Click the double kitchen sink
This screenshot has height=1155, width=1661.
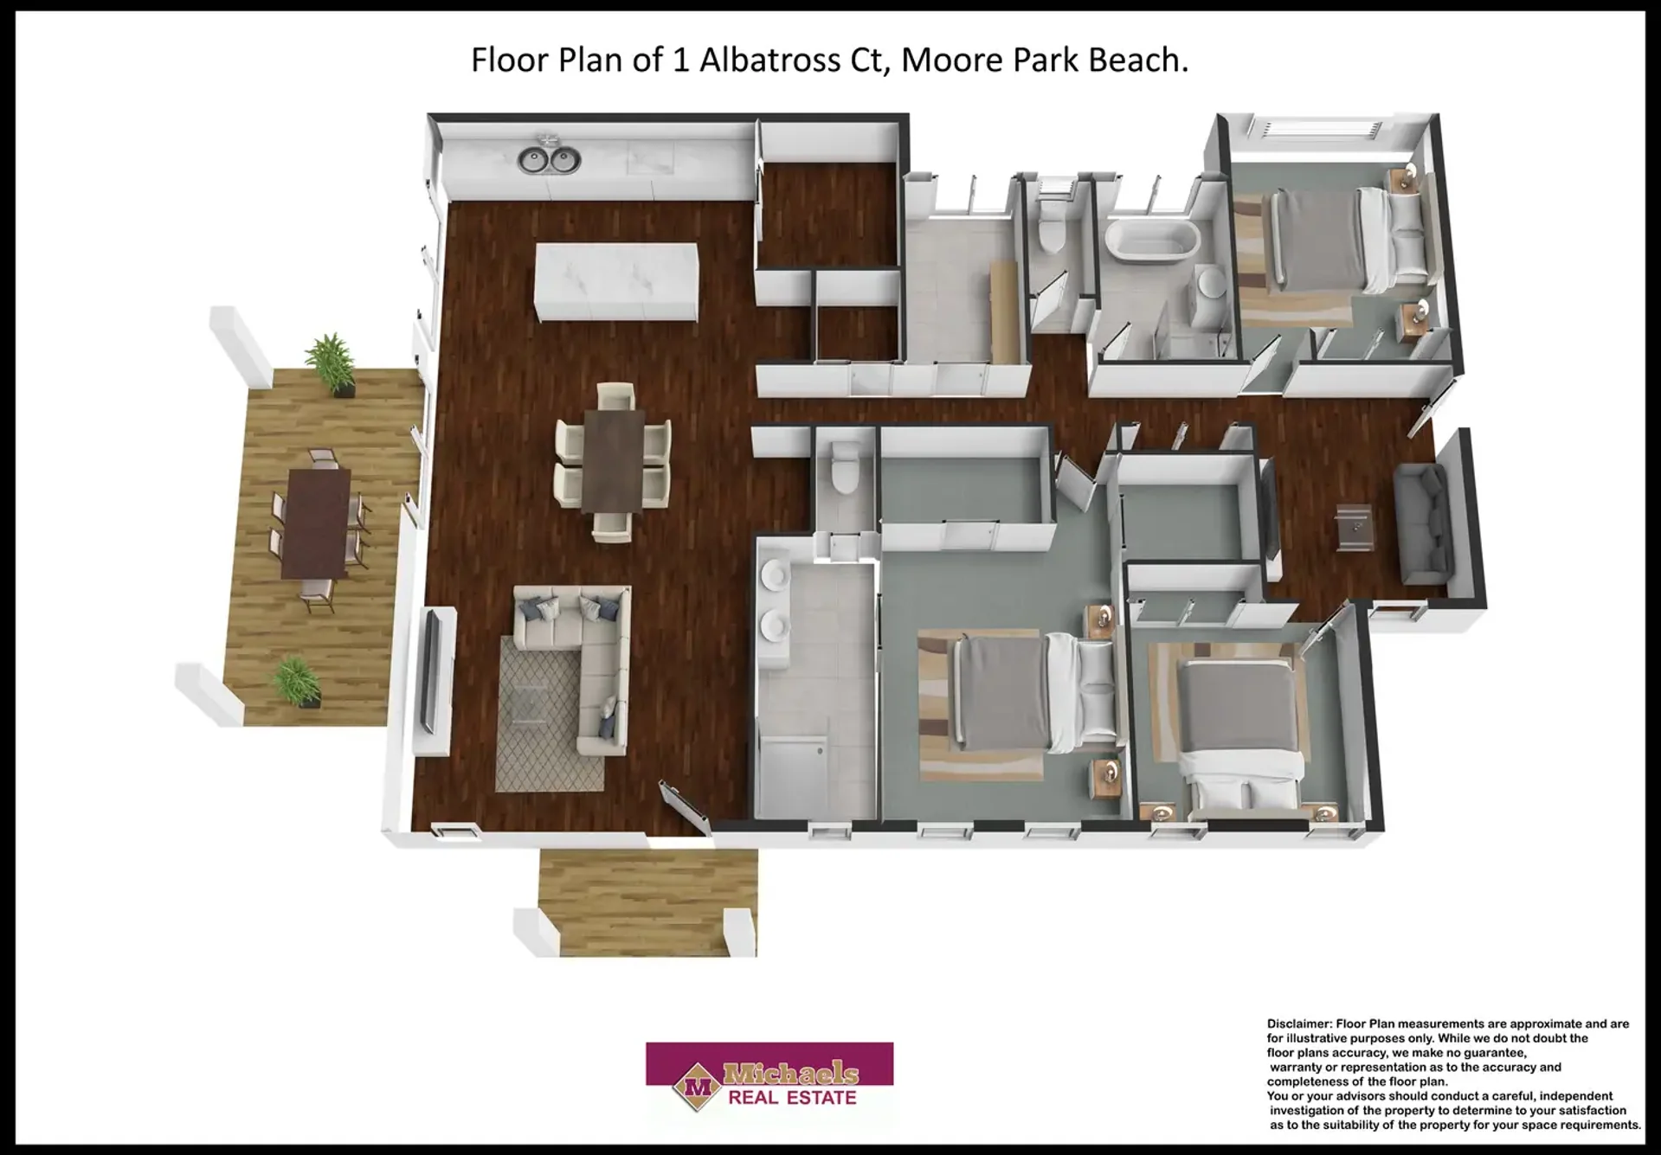point(550,159)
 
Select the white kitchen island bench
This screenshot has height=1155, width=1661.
point(617,282)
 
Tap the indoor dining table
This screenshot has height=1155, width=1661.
point(615,459)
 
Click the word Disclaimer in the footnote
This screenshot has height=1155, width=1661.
point(1299,1023)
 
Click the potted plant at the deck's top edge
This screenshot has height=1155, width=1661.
point(330,363)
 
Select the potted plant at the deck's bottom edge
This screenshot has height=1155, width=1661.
point(295,682)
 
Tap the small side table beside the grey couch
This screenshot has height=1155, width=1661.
point(1355,527)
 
